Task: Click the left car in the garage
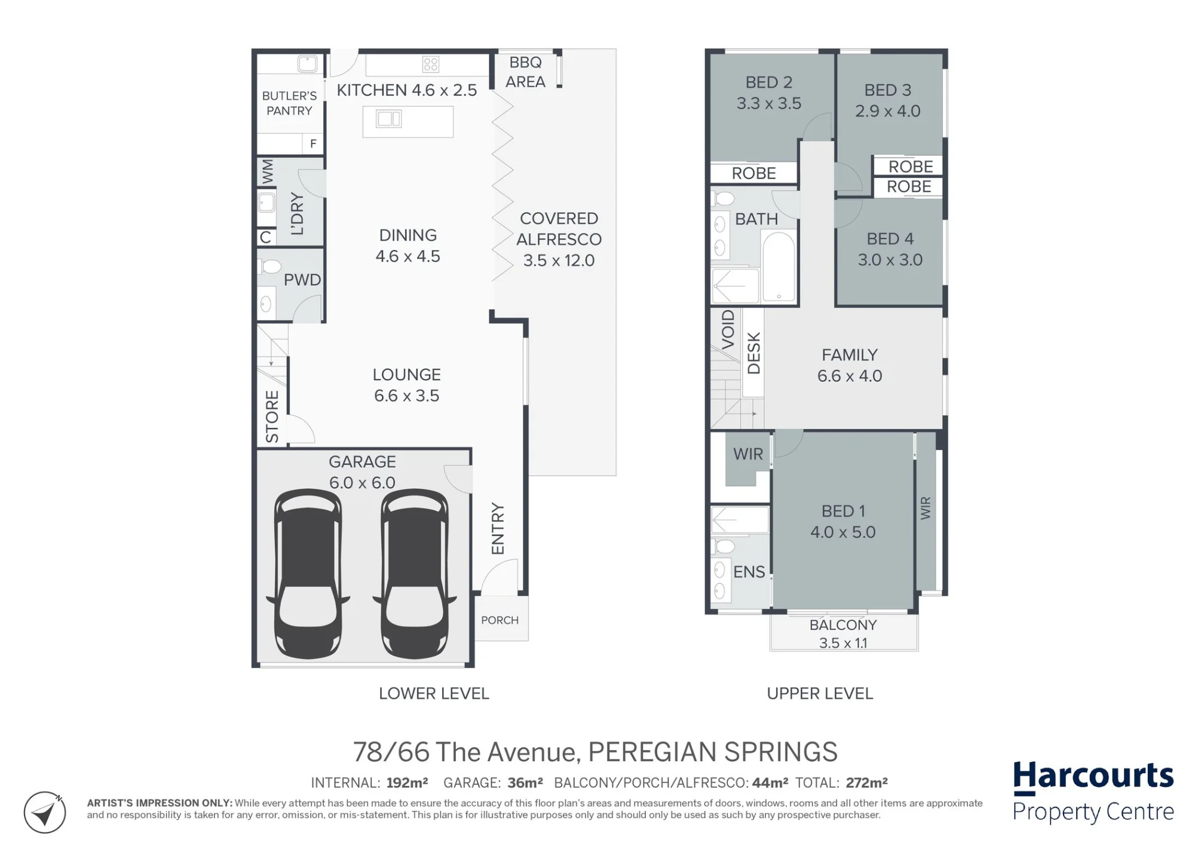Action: tap(308, 572)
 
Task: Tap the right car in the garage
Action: tap(415, 572)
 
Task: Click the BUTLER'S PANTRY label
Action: tap(289, 103)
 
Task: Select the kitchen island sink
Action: tap(388, 119)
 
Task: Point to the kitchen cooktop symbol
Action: tap(430, 64)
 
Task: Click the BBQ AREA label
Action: tap(525, 72)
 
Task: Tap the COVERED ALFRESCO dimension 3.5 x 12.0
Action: tap(559, 261)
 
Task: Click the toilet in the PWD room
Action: tap(270, 266)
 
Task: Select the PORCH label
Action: tap(500, 620)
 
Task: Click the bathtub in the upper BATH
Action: tap(779, 267)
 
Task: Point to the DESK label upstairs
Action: tap(753, 353)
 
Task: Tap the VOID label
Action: tap(728, 329)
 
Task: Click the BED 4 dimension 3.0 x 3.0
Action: tap(890, 260)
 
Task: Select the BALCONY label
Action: tap(843, 625)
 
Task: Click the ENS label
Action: tap(749, 572)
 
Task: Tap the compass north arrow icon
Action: tap(45, 812)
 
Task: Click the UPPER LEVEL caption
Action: tap(820, 693)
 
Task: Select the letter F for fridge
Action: tap(312, 143)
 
